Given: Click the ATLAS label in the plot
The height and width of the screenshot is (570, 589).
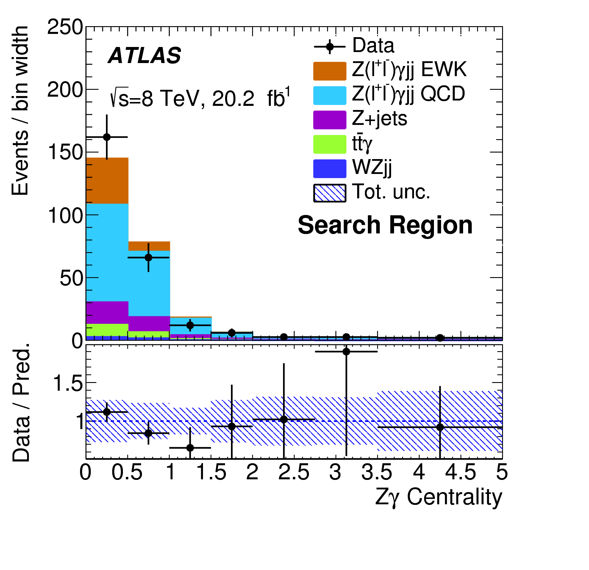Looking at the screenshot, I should (145, 56).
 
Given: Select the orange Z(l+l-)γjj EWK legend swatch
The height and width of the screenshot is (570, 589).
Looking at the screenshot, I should (330, 71).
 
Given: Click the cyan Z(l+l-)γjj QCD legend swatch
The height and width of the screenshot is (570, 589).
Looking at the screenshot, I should (330, 95).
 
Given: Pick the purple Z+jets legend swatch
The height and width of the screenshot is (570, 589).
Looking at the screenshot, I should (330, 120).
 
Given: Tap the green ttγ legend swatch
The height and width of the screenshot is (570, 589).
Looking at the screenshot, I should (330, 145).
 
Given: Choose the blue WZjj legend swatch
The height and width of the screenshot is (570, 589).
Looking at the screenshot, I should (330, 169).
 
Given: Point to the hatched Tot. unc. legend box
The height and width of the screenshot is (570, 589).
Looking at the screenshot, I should (330, 193).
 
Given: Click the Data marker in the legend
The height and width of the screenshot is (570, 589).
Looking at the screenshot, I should (330, 47).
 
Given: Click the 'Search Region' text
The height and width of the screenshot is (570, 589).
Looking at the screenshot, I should (385, 225).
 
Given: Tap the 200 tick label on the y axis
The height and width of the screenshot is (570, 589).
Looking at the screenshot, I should (65, 90).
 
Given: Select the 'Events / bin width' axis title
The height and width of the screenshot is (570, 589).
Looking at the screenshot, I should (20, 111).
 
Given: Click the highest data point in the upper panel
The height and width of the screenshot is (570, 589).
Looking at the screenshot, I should (107, 137).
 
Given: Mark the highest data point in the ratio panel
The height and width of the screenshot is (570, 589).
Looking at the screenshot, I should (346, 352).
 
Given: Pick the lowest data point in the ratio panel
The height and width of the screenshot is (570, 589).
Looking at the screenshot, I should (190, 448).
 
